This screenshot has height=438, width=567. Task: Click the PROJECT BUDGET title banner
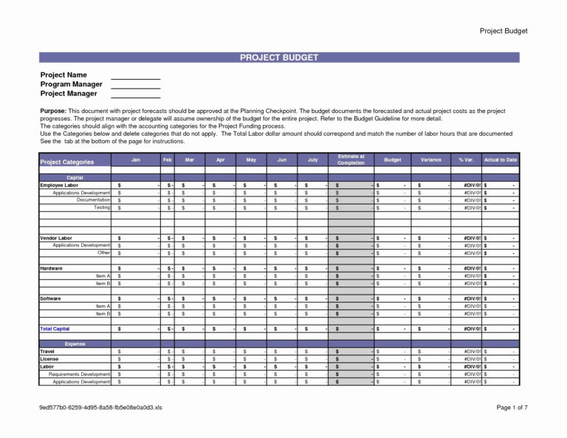[279, 57]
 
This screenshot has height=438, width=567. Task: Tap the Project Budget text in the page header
[504, 31]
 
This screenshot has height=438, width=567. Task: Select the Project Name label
[63, 75]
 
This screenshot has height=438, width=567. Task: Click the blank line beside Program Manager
[135, 84]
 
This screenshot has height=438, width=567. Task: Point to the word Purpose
[53, 111]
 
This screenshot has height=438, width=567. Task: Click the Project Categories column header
[67, 162]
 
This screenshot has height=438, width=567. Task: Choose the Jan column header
[136, 160]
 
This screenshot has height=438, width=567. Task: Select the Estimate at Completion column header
[351, 160]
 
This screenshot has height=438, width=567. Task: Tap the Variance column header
[431, 160]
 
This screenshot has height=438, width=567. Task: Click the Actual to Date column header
[501, 160]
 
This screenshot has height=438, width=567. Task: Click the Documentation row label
[93, 200]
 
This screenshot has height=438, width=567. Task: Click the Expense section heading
[75, 343]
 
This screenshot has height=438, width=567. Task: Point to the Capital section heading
[75, 177]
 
